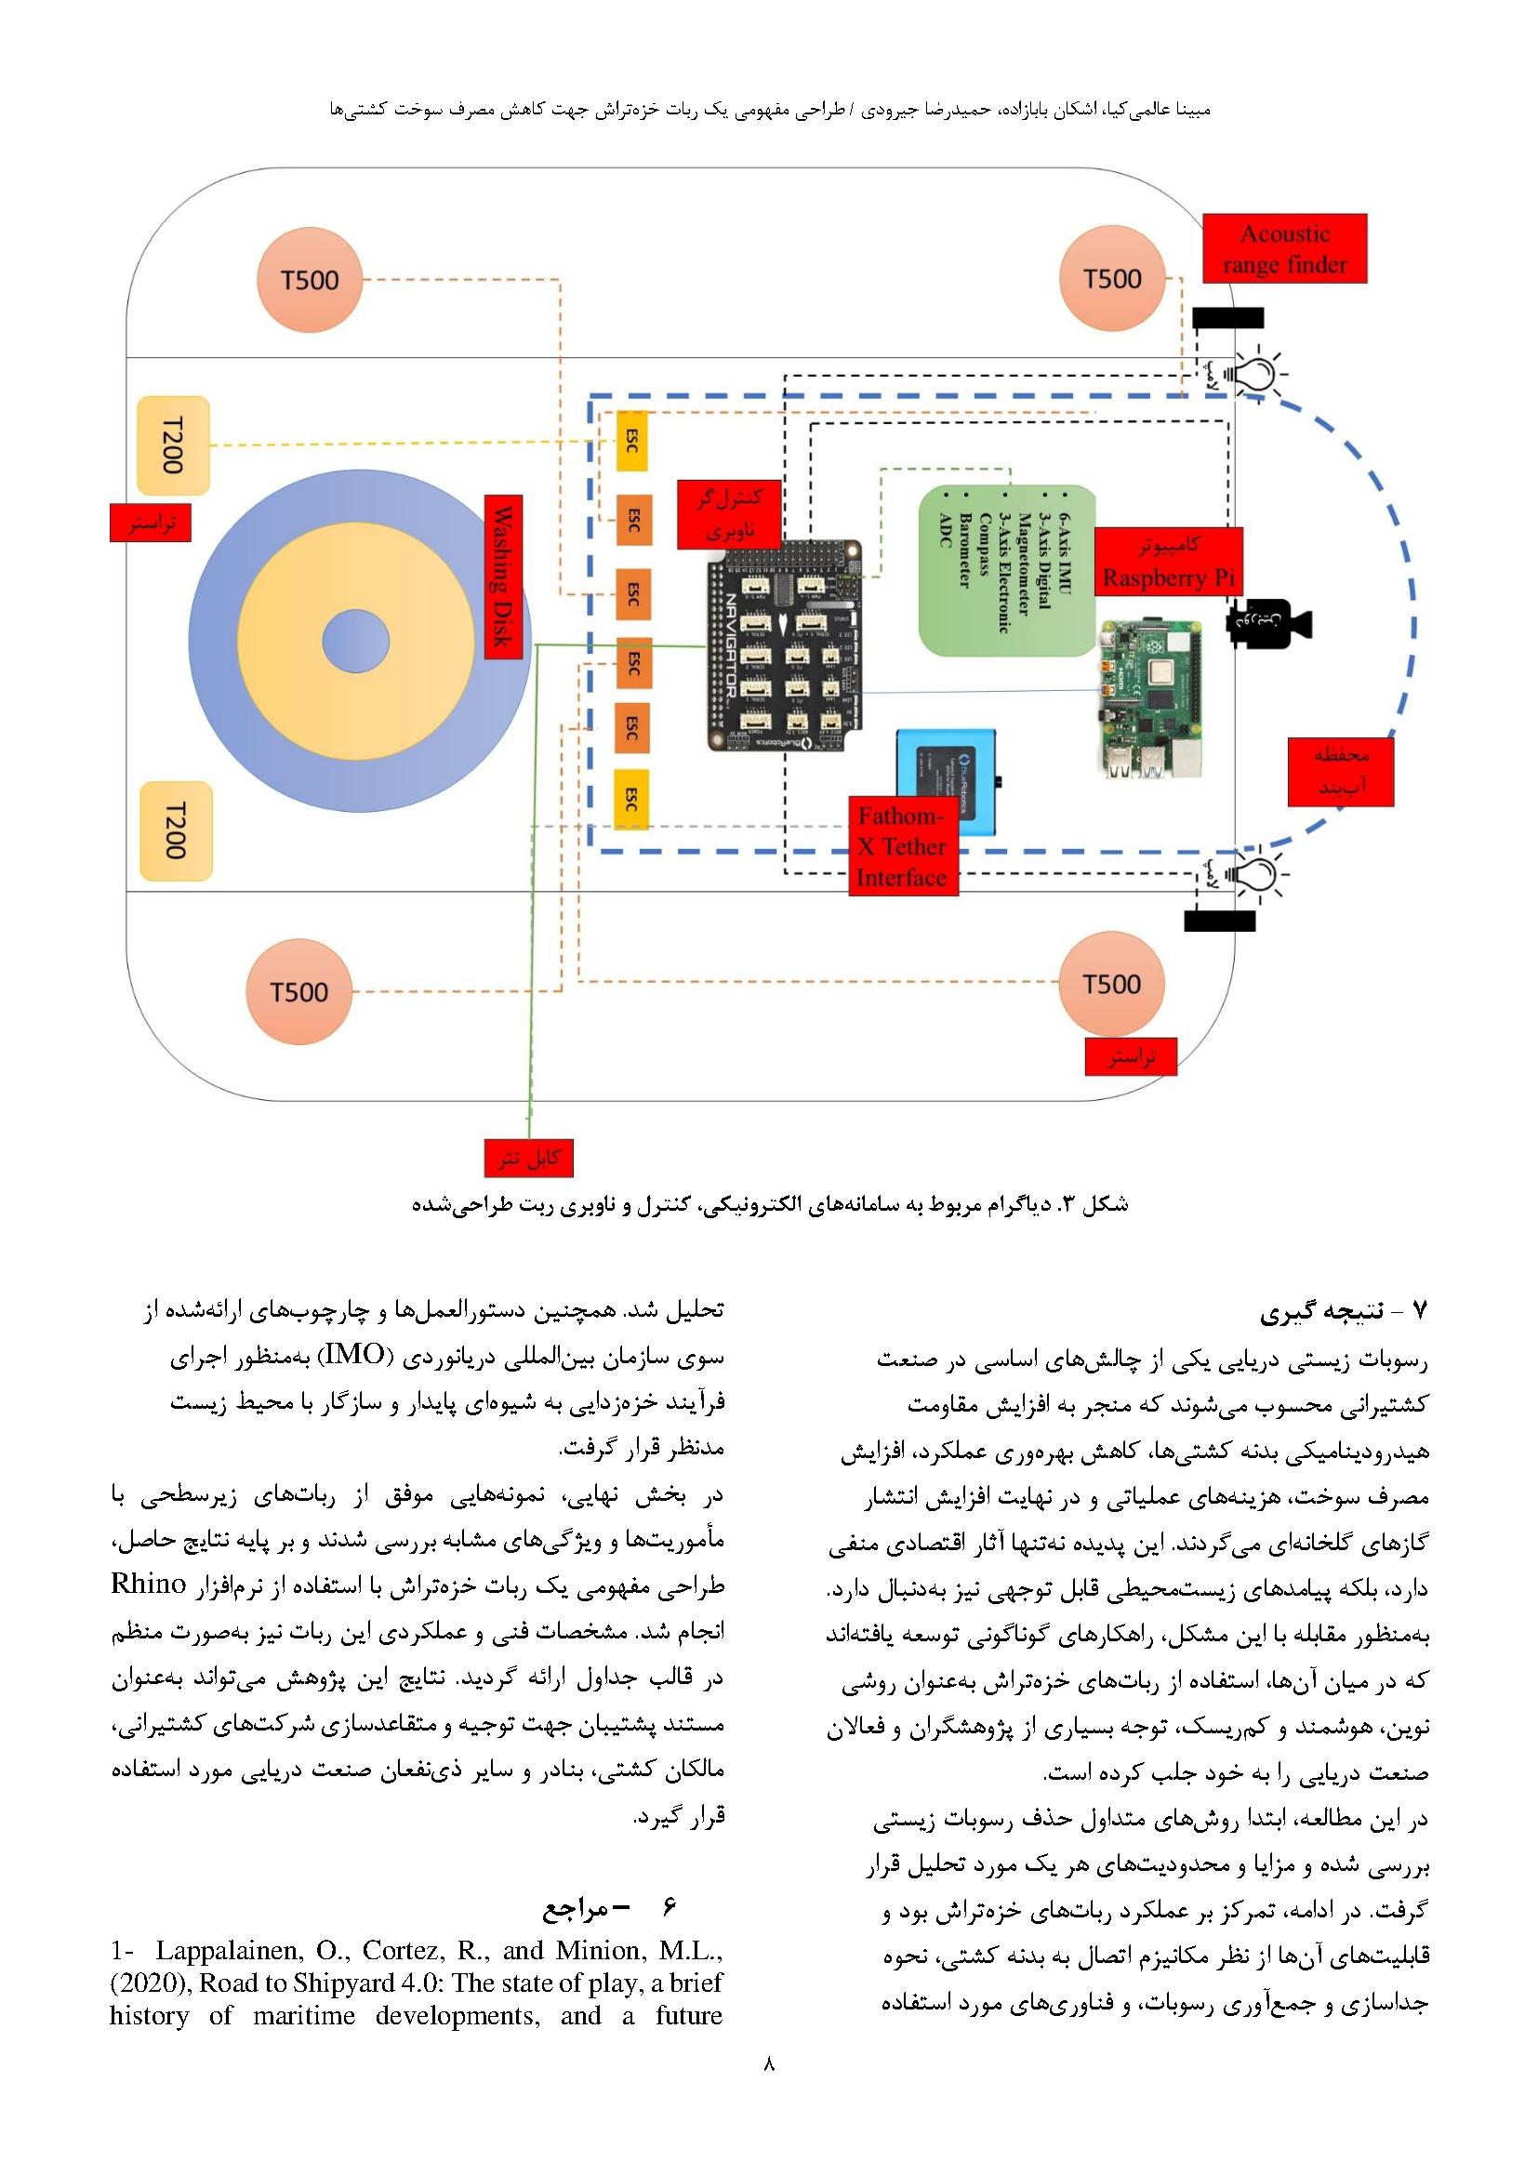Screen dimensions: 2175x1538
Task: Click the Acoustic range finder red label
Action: (x=1284, y=248)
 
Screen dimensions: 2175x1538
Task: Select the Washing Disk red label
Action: (x=503, y=576)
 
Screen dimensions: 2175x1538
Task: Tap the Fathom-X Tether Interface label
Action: (x=902, y=846)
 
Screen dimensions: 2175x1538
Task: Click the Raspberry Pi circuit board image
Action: (x=1150, y=700)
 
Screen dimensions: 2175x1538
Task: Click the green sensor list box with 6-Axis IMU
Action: (x=1007, y=569)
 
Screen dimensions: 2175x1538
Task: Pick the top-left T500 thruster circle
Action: (x=310, y=281)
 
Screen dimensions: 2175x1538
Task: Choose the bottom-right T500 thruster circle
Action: (x=1111, y=984)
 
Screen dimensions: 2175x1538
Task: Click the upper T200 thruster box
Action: (x=173, y=445)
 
